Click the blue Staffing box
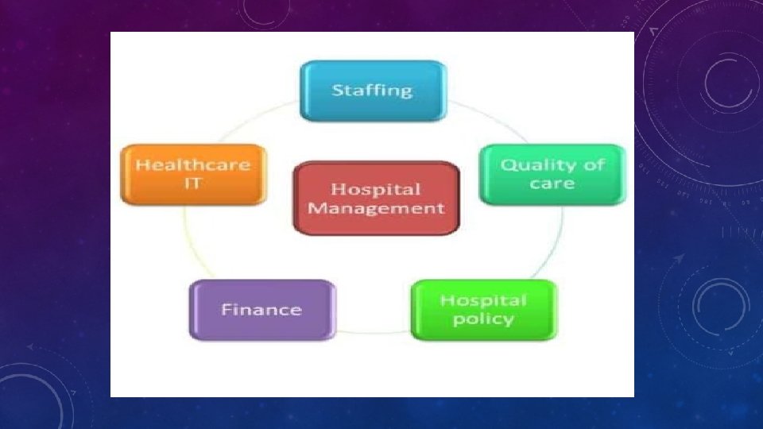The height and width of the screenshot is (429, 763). pyautogui.click(x=372, y=91)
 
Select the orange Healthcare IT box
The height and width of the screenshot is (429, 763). pyautogui.click(x=192, y=175)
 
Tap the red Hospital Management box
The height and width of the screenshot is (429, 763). pyautogui.click(x=376, y=199)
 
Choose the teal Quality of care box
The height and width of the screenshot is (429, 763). pyautogui.click(x=552, y=174)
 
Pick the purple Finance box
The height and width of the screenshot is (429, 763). pyautogui.click(x=261, y=310)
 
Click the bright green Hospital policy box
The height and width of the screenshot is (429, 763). pyautogui.click(x=483, y=310)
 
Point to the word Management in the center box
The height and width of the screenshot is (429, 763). pyautogui.click(x=376, y=209)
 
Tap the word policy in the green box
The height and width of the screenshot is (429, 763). pyautogui.click(x=483, y=319)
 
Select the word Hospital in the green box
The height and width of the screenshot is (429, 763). pyautogui.click(x=483, y=300)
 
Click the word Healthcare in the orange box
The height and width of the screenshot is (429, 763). pyautogui.click(x=192, y=165)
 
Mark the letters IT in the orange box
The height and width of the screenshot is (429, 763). pyautogui.click(x=192, y=184)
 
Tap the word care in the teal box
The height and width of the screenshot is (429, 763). pyautogui.click(x=552, y=184)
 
